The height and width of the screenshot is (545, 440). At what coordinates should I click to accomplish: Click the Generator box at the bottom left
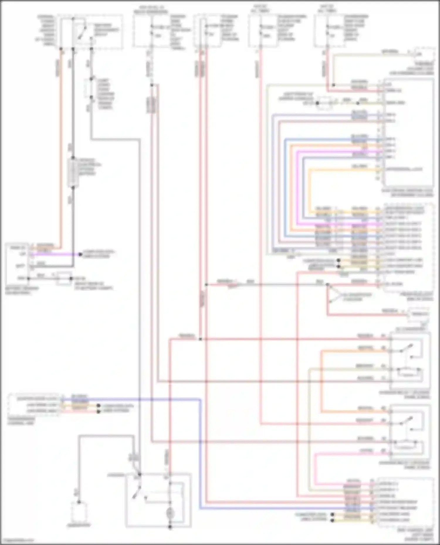point(79,513)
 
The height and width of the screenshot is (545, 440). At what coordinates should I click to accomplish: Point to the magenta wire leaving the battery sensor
point(56,254)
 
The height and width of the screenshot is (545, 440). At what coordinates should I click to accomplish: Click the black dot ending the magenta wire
point(80,254)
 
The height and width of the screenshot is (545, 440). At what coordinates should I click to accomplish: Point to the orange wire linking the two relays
point(321,381)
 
